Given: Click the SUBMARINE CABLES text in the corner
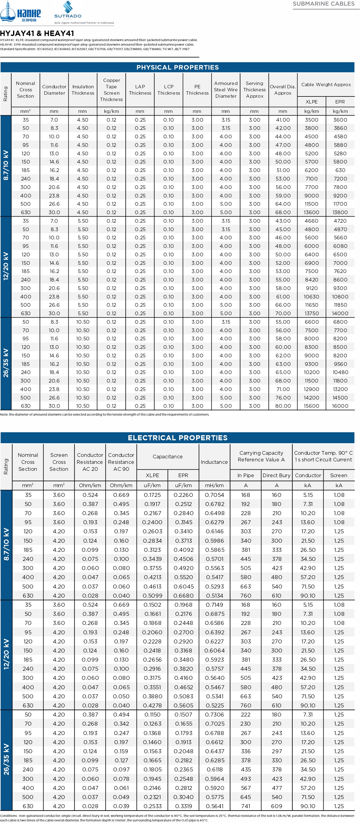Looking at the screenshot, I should click(324, 4).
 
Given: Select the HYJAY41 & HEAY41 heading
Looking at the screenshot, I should click(37, 33).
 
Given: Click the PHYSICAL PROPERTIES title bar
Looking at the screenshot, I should click(178, 67).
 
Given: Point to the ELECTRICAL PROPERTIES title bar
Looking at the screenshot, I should click(178, 438).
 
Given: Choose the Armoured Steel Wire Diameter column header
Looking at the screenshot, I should click(226, 90).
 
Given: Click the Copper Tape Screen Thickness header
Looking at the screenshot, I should click(111, 90).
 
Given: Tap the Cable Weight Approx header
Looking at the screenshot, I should click(326, 85).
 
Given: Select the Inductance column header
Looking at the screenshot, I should click(214, 462).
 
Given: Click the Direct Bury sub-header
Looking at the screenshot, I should click(277, 475).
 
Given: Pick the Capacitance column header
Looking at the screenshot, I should click(168, 457).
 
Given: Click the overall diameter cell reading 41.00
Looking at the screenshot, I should click(283, 120).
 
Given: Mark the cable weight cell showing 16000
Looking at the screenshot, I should click(340, 406).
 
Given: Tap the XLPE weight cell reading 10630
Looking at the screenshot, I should click(312, 296).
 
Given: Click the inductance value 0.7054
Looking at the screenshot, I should click(215, 495).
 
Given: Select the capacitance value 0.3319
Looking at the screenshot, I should click(183, 806).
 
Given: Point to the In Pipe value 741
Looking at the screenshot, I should click(246, 806).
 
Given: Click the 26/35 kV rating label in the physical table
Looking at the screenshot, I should click(6, 363).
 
